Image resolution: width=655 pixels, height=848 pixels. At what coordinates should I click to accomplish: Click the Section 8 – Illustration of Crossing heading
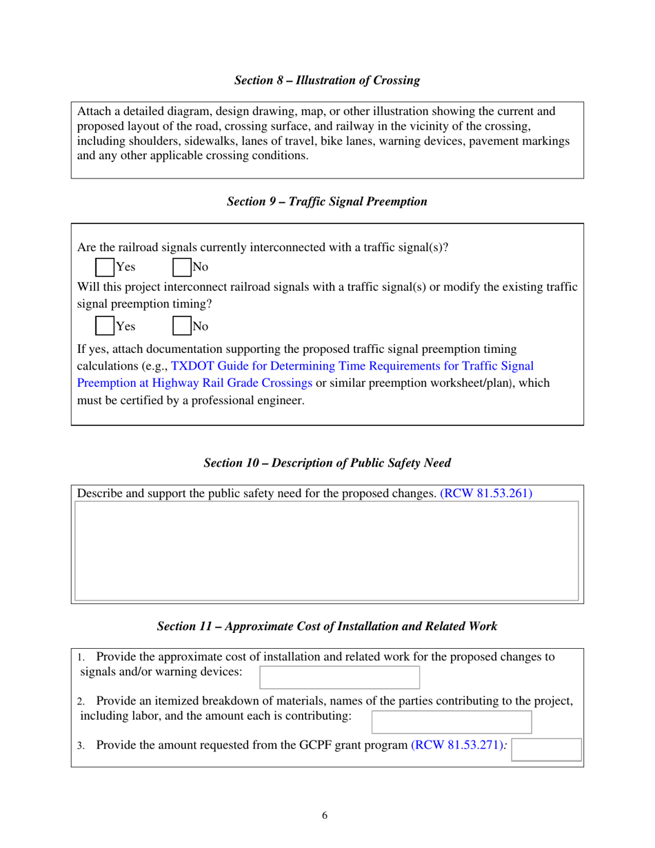click(327, 81)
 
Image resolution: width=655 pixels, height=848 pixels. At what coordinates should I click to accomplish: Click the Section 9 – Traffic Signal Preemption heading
click(327, 202)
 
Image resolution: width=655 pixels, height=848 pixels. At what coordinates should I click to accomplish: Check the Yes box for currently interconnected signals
click(105, 267)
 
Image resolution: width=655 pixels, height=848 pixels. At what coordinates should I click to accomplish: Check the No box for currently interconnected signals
click(181, 267)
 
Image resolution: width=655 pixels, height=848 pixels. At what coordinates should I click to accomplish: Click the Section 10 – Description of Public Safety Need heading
click(327, 463)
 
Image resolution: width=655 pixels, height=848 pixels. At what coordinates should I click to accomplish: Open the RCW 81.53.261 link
click(486, 494)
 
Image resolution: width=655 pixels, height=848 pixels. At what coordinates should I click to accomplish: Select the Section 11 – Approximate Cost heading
click(327, 627)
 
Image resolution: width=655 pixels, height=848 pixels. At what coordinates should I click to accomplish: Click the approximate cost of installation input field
click(339, 677)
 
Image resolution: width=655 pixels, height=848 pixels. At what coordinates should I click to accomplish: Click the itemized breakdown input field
click(452, 722)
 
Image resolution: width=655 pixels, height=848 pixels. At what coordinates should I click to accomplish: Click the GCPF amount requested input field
click(547, 749)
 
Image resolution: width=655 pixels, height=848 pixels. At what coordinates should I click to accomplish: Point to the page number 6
click(325, 816)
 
